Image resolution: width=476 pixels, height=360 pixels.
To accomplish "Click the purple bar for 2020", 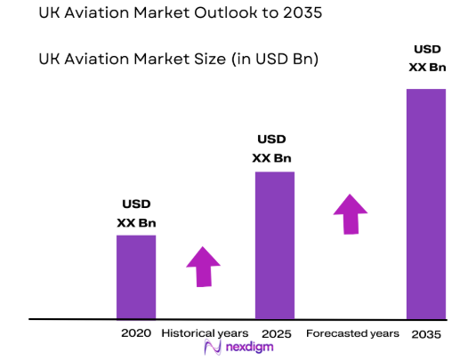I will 136,276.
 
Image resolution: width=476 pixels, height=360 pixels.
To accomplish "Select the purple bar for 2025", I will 274,244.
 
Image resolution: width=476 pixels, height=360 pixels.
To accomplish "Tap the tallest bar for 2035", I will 425,204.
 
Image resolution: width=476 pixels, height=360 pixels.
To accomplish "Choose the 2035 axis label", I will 426,334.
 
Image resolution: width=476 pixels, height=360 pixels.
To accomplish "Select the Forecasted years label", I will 352,333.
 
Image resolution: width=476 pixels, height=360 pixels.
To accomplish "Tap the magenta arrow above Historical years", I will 204,266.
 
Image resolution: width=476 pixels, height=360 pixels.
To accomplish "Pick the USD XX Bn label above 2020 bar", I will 136,214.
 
